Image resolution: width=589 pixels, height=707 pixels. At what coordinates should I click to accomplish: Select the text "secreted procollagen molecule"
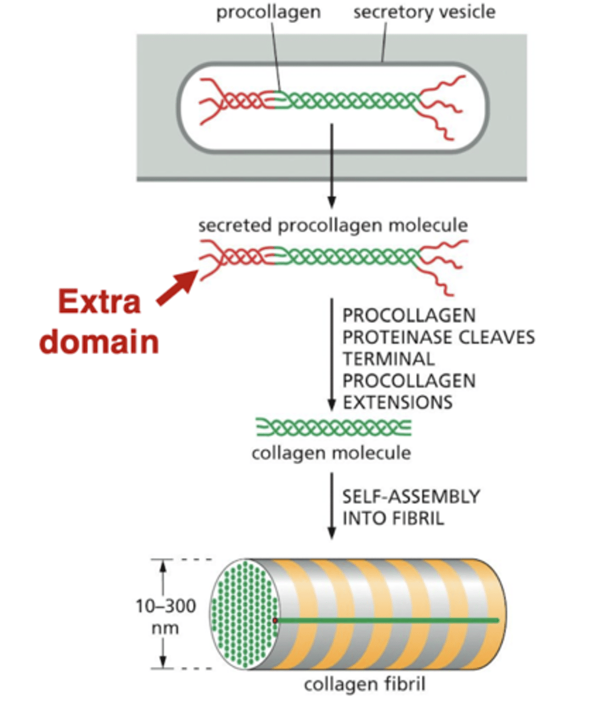click(x=333, y=226)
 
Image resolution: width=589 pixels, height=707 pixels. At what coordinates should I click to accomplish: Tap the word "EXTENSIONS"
click(x=397, y=402)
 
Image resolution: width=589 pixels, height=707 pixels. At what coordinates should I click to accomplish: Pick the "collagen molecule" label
click(x=332, y=453)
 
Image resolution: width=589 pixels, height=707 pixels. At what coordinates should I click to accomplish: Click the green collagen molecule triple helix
click(x=333, y=427)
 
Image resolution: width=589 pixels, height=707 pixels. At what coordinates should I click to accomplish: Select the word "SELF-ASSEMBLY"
click(x=411, y=497)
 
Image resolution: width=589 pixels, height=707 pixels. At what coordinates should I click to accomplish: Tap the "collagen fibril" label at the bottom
click(x=364, y=685)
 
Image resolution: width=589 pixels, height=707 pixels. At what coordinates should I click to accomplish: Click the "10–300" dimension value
click(x=163, y=606)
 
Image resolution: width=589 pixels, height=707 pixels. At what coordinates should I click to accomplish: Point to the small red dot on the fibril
click(x=275, y=620)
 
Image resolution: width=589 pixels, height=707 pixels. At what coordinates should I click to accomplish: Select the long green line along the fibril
click(x=389, y=620)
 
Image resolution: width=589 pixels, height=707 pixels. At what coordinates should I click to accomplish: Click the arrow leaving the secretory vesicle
click(x=332, y=165)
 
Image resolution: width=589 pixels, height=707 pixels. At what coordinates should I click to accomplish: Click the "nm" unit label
click(x=163, y=628)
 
